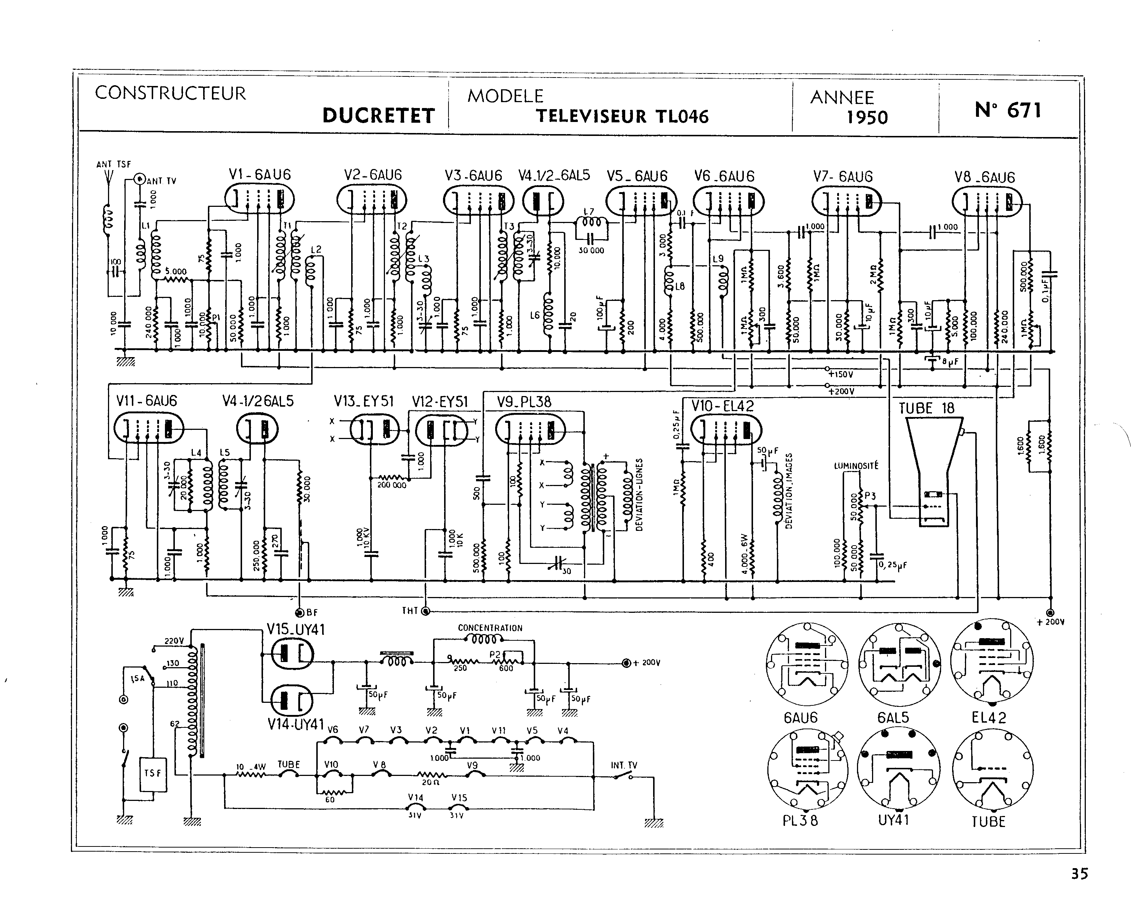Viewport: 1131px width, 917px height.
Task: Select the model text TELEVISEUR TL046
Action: coord(622,116)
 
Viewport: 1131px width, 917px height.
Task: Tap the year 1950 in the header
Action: coord(867,117)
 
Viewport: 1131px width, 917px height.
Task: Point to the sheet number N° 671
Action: coord(1008,110)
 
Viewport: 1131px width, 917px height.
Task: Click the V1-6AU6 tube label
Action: coord(260,175)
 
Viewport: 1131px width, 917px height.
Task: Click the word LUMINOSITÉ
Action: coord(856,465)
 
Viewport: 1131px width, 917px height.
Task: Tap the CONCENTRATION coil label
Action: coord(490,628)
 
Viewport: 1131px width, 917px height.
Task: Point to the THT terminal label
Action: coord(410,611)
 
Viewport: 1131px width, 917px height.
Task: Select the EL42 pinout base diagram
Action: coord(991,660)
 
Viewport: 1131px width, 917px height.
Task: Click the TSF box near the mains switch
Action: coord(152,774)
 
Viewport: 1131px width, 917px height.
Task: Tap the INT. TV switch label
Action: coord(624,765)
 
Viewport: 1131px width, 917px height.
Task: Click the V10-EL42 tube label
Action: coord(722,406)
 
